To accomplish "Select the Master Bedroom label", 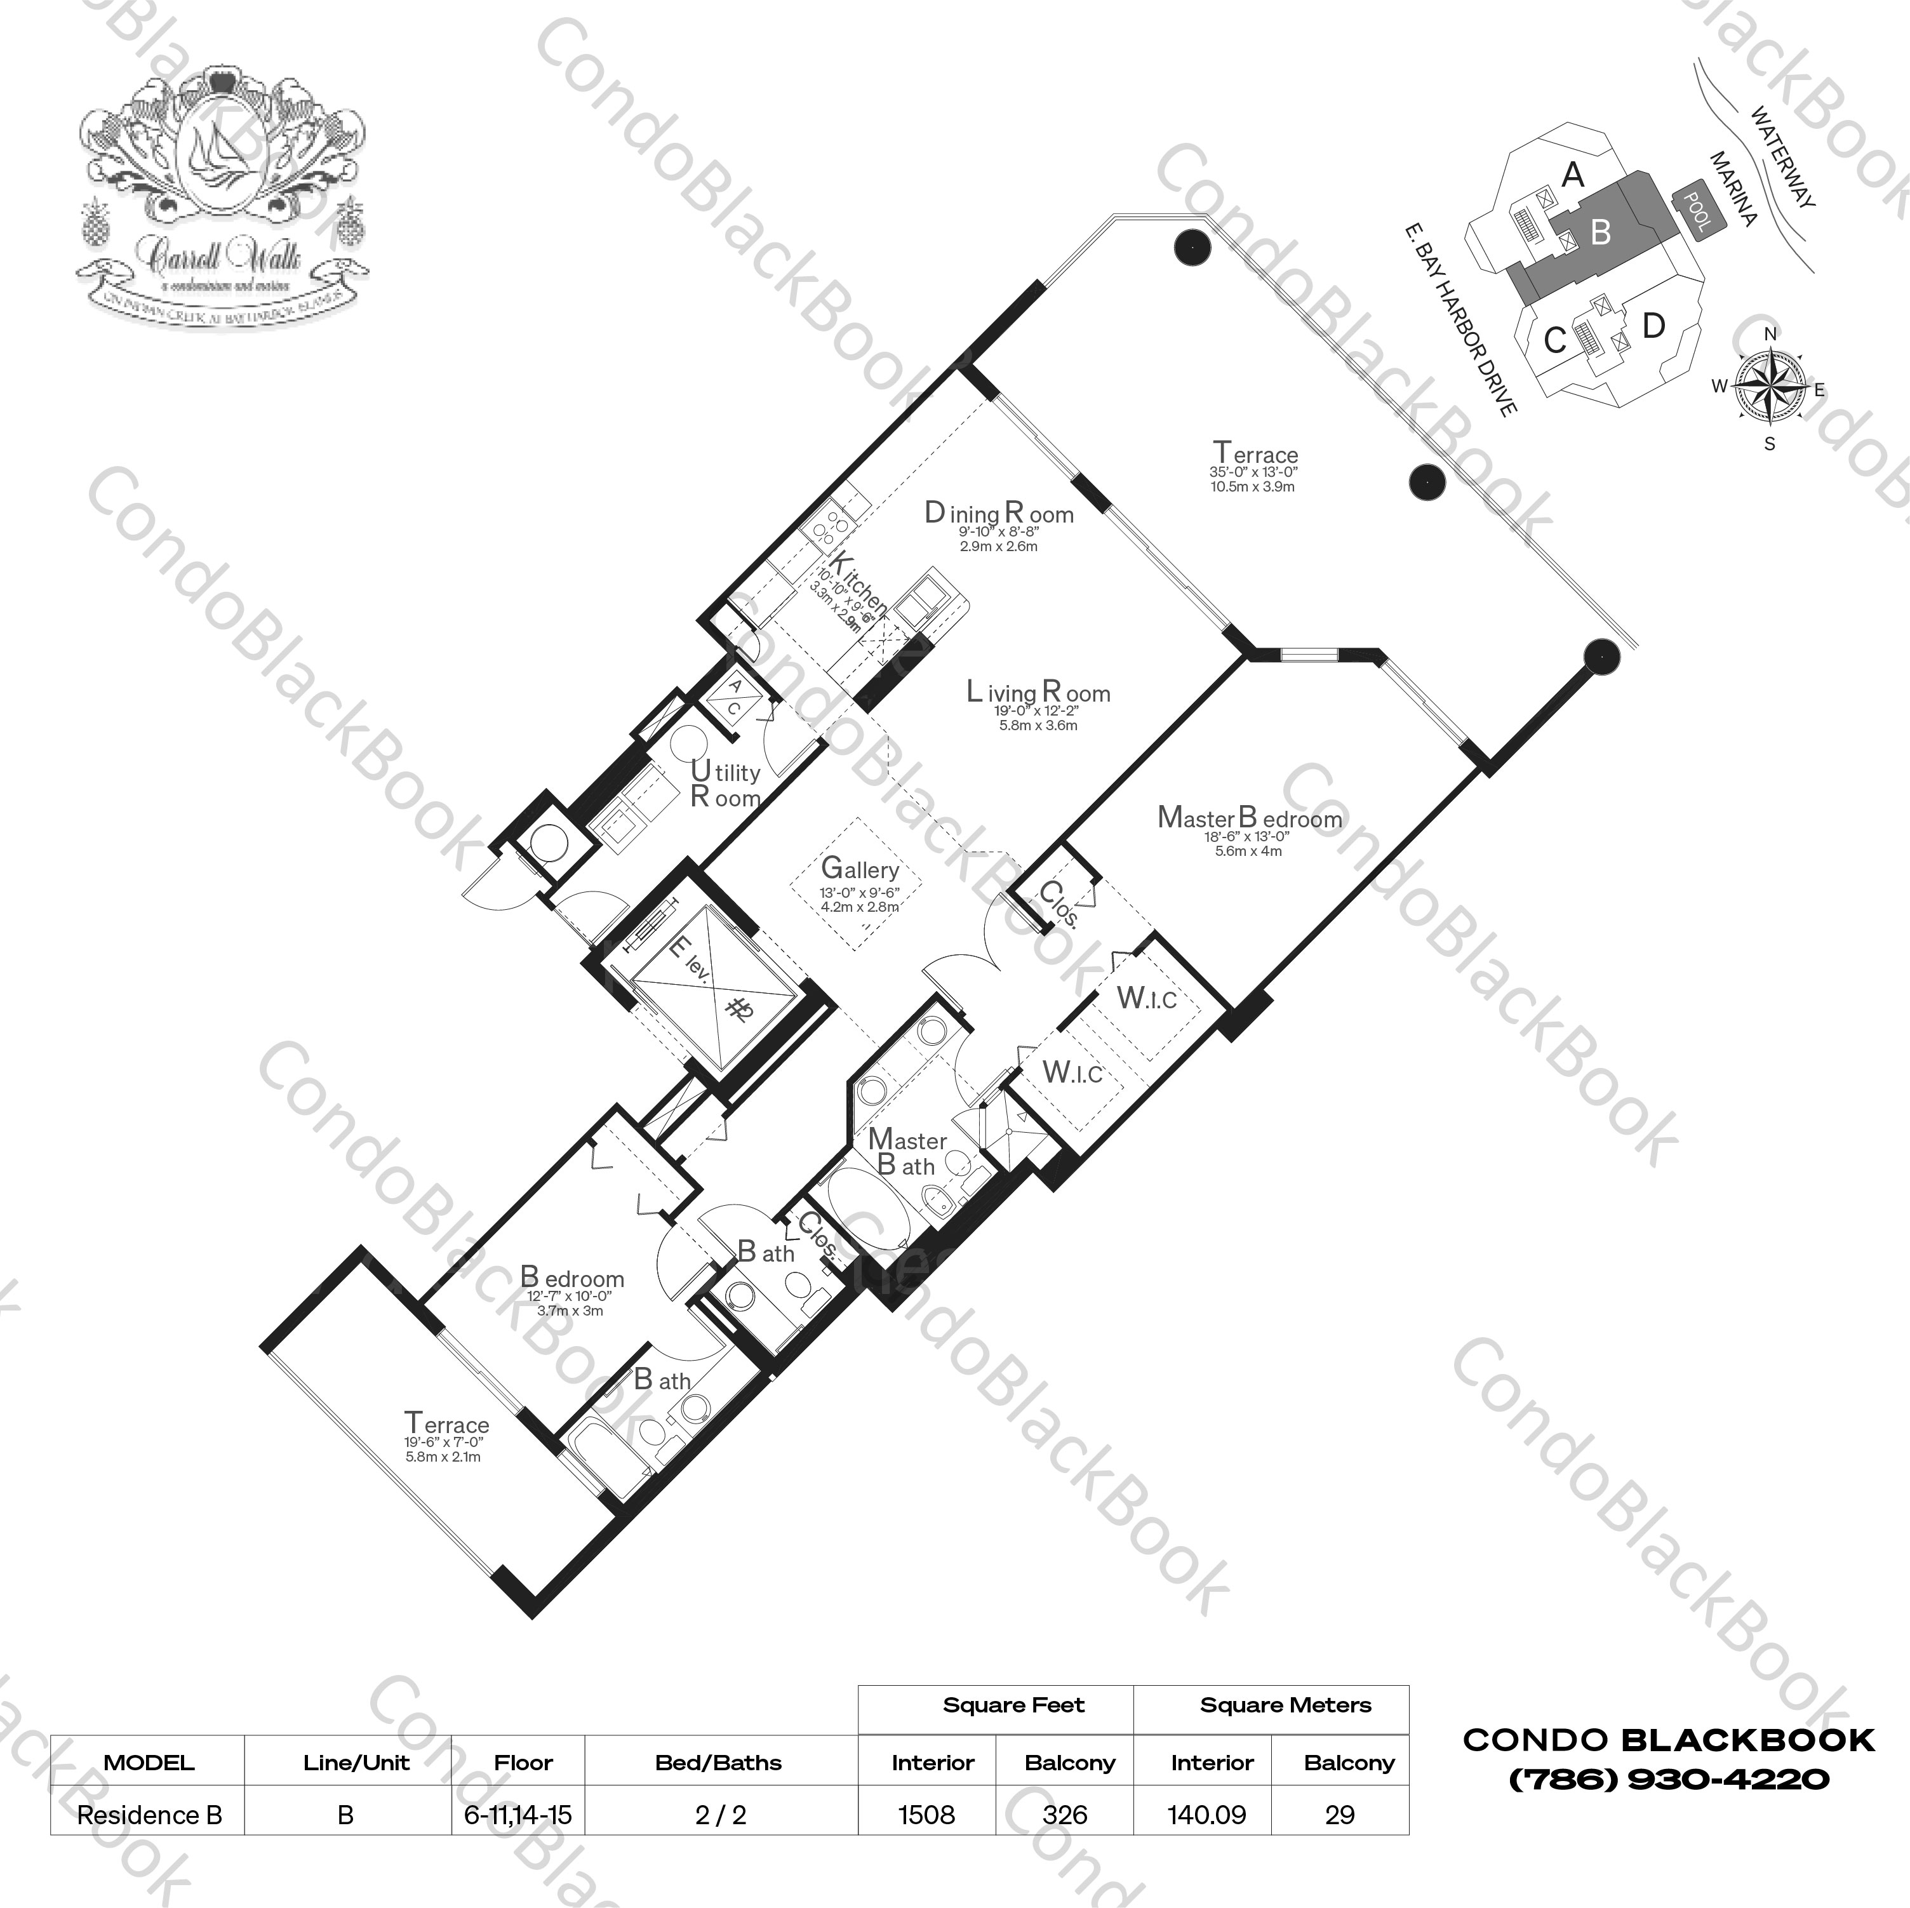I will (x=1250, y=818).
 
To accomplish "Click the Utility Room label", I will (x=725, y=785).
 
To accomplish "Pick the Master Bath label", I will (x=907, y=1152).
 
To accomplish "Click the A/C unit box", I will (x=735, y=697).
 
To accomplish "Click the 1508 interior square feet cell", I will (x=926, y=1815).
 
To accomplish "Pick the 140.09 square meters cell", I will (x=1207, y=1815).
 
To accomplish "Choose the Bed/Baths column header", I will (x=719, y=1763).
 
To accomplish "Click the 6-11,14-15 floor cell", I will (x=518, y=1815).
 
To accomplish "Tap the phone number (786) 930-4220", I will (x=1669, y=1780).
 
